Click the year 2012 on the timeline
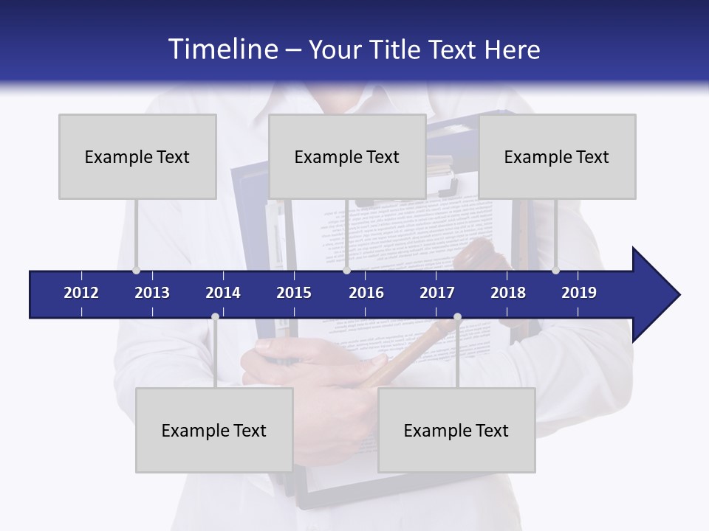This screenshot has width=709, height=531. point(81,293)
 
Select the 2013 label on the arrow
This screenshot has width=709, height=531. point(152,293)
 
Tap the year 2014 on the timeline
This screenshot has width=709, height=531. point(223,293)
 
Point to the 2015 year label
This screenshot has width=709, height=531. point(294,293)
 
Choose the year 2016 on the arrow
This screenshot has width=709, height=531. point(366,293)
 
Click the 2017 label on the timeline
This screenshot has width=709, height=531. point(437,293)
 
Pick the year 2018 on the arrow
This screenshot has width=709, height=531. point(508,293)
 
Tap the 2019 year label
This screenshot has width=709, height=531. point(579,293)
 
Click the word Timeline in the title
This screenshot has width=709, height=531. point(222,49)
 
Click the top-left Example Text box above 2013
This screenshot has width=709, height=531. point(137,156)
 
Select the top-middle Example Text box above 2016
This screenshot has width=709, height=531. point(347,156)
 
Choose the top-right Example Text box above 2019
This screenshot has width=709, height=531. point(557,156)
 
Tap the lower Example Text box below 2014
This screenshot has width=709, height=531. point(214,430)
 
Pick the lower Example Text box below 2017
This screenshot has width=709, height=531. point(456,430)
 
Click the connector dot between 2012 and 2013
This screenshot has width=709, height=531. point(136,270)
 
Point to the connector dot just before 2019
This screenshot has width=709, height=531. point(555,270)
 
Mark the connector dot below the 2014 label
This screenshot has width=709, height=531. point(215,317)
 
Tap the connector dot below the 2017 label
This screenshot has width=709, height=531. point(457,317)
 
